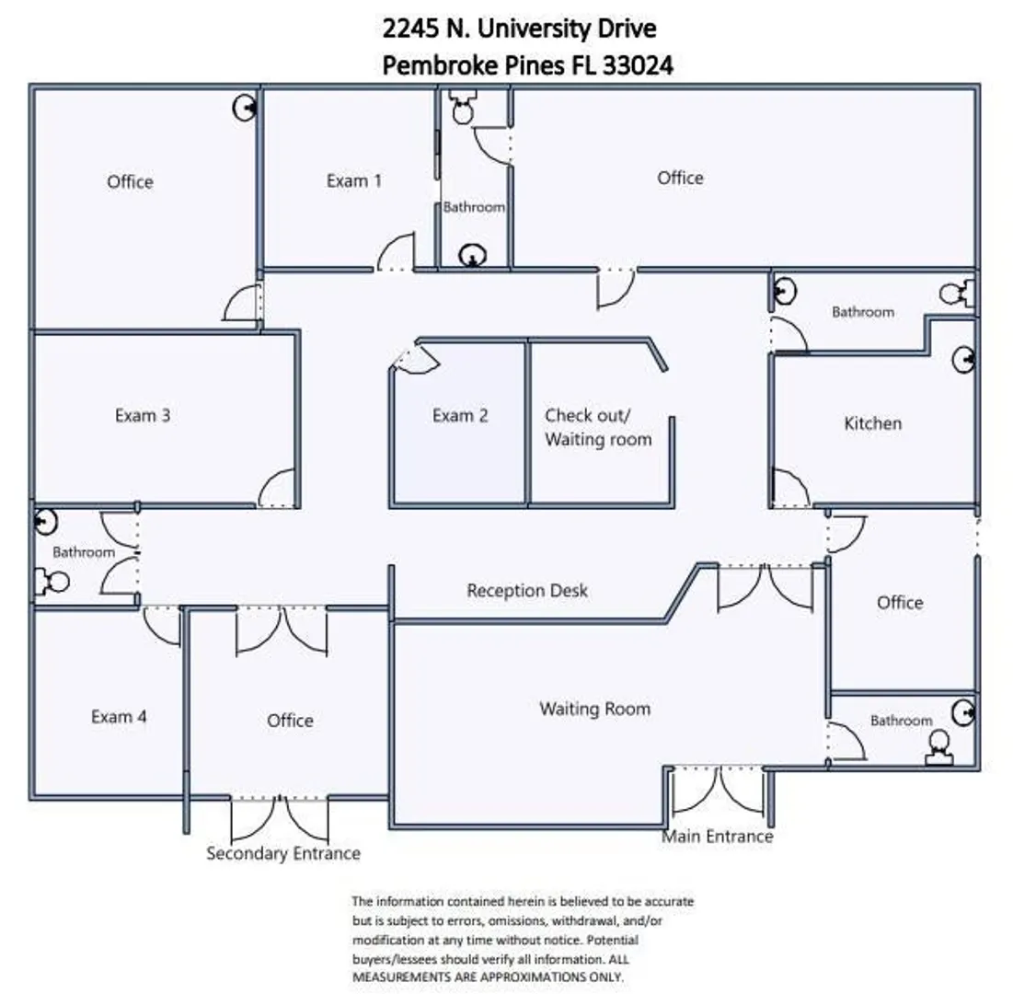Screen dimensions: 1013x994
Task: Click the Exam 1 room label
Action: [x=354, y=180]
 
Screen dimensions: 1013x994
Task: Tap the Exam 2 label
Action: [x=460, y=415]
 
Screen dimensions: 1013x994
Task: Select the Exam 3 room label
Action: [x=143, y=415]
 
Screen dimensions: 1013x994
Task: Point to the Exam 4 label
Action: [x=119, y=716]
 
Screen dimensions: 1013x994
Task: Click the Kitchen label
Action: [x=873, y=423]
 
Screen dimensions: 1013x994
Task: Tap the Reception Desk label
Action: [x=527, y=591]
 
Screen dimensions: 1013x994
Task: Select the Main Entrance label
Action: [x=717, y=837]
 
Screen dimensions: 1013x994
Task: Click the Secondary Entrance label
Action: [x=283, y=853]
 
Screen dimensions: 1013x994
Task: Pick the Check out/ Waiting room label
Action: [x=598, y=427]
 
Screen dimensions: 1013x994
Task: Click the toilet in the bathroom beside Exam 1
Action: [x=463, y=108]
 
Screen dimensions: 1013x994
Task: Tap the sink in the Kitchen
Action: [x=964, y=359]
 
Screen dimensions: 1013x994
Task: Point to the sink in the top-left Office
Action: [x=245, y=108]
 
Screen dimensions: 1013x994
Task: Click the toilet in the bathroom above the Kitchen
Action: [x=957, y=295]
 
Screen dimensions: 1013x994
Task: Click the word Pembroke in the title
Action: [x=436, y=65]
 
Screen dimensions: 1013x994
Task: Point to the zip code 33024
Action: [x=638, y=65]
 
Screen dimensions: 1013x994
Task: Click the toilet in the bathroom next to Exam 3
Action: [x=52, y=582]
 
